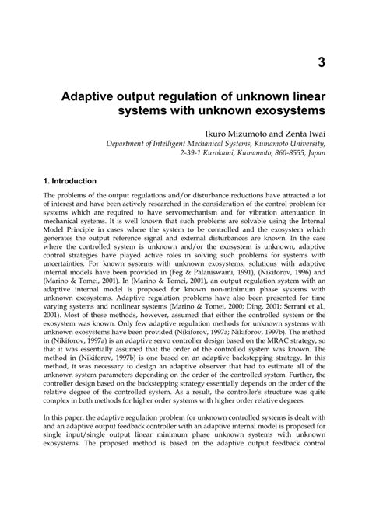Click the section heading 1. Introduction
[70, 181]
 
